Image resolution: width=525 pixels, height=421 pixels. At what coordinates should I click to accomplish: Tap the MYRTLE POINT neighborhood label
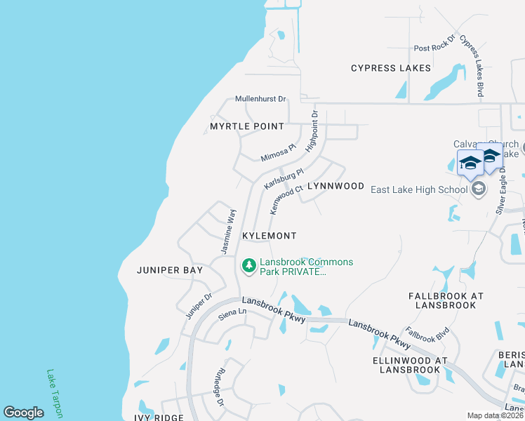[x=246, y=127]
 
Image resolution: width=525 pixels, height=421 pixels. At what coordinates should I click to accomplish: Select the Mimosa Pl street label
[x=275, y=152]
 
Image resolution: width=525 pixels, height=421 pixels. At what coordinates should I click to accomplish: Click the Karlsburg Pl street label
[x=284, y=178]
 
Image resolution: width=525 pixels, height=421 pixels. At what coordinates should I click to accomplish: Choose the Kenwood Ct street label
[x=286, y=199]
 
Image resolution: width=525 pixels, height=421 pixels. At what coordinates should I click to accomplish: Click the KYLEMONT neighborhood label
[x=269, y=236]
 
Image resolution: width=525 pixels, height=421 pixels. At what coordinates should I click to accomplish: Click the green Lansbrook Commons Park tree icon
[x=248, y=266]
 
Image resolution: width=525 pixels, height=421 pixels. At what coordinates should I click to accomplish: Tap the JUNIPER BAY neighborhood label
[x=170, y=270]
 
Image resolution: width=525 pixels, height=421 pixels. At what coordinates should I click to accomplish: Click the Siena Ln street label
[x=232, y=316]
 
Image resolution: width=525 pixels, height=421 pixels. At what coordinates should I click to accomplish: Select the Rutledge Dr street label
[x=218, y=387]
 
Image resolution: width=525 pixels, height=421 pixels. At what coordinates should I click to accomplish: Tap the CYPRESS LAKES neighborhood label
[x=391, y=69]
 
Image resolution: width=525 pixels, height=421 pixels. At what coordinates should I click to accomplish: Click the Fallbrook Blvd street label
[x=427, y=334]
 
